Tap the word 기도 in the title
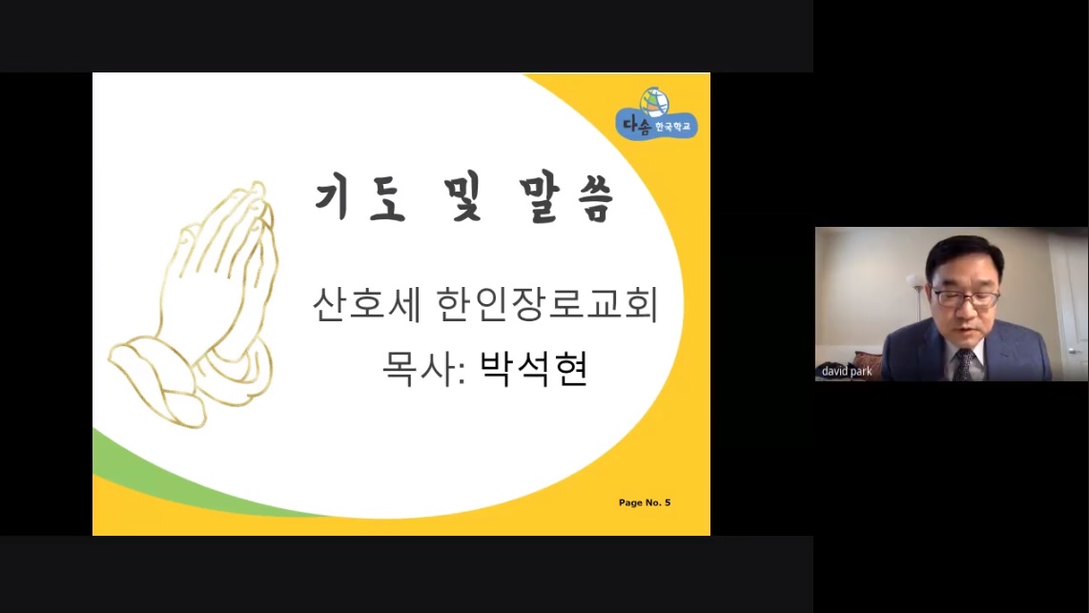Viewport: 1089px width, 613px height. click(360, 199)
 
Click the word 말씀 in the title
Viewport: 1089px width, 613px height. click(566, 199)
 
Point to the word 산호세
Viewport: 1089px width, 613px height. click(366, 304)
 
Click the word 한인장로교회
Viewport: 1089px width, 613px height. click(547, 304)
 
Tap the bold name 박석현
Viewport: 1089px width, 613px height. click(534, 369)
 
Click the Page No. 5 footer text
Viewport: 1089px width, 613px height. click(645, 502)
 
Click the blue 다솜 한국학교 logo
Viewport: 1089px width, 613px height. click(656, 114)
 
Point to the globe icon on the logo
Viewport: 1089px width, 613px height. click(654, 101)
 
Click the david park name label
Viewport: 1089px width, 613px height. click(847, 372)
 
